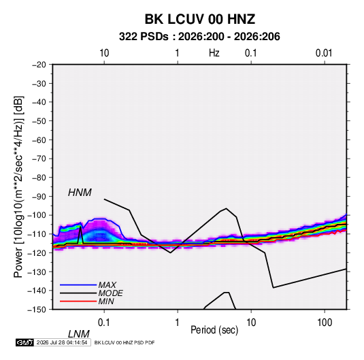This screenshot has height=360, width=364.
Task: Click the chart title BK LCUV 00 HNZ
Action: tap(200, 19)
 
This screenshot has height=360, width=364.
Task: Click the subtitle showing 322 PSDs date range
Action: tap(199, 37)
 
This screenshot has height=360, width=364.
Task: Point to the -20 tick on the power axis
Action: tap(39, 65)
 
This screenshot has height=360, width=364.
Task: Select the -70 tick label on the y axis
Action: tap(39, 159)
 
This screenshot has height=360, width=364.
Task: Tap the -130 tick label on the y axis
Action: tap(37, 272)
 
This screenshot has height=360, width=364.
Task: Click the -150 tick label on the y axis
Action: tap(37, 310)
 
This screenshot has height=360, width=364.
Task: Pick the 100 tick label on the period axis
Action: tap(325, 323)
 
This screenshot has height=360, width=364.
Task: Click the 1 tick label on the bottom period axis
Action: tap(178, 323)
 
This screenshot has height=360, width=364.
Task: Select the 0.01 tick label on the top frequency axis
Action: tap(324, 53)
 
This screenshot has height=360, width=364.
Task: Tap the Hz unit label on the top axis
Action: tap(214, 53)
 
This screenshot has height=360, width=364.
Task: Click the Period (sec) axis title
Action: tap(214, 330)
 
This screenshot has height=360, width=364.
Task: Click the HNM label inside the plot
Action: tap(80, 193)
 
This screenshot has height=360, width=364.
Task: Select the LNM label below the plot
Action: tap(79, 334)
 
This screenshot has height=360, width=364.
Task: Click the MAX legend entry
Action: tap(107, 285)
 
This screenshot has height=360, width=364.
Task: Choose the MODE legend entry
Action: tap(110, 293)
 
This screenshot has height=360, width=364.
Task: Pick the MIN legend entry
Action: tap(106, 301)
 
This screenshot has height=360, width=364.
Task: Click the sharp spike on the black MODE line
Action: tap(80, 227)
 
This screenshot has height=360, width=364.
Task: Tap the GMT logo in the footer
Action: tap(25, 342)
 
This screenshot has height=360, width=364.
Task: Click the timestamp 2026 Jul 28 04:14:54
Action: tap(62, 342)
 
